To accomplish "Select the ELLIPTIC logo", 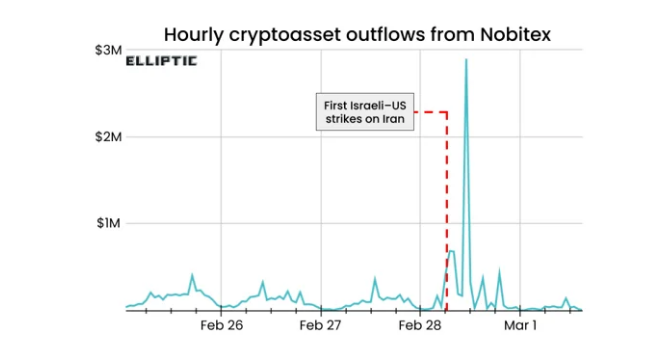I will pyautogui.click(x=161, y=61).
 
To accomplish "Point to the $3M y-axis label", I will pyautogui.click(x=108, y=50).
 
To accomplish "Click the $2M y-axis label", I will pyautogui.click(x=108, y=137).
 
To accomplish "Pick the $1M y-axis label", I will pyautogui.click(x=108, y=224).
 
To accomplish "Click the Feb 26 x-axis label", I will pyautogui.click(x=221, y=326).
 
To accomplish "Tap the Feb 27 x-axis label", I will pyautogui.click(x=320, y=326).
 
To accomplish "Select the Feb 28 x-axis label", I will pyautogui.click(x=420, y=326).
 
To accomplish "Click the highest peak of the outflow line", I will pyautogui.click(x=466, y=61).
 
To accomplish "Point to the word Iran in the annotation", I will pyautogui.click(x=388, y=121).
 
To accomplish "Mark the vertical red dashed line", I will pyautogui.click(x=446, y=220).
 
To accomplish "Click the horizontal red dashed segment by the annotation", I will pyautogui.click(x=430, y=111).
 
